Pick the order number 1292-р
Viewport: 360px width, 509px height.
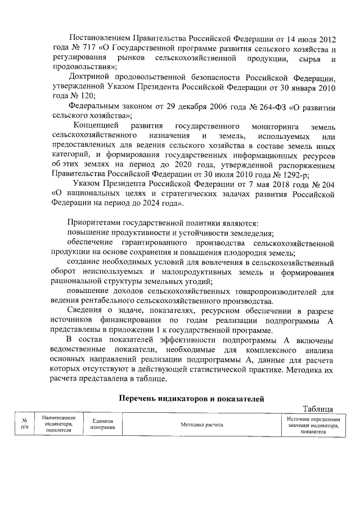point(269,174)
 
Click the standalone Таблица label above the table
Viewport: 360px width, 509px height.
point(318,409)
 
